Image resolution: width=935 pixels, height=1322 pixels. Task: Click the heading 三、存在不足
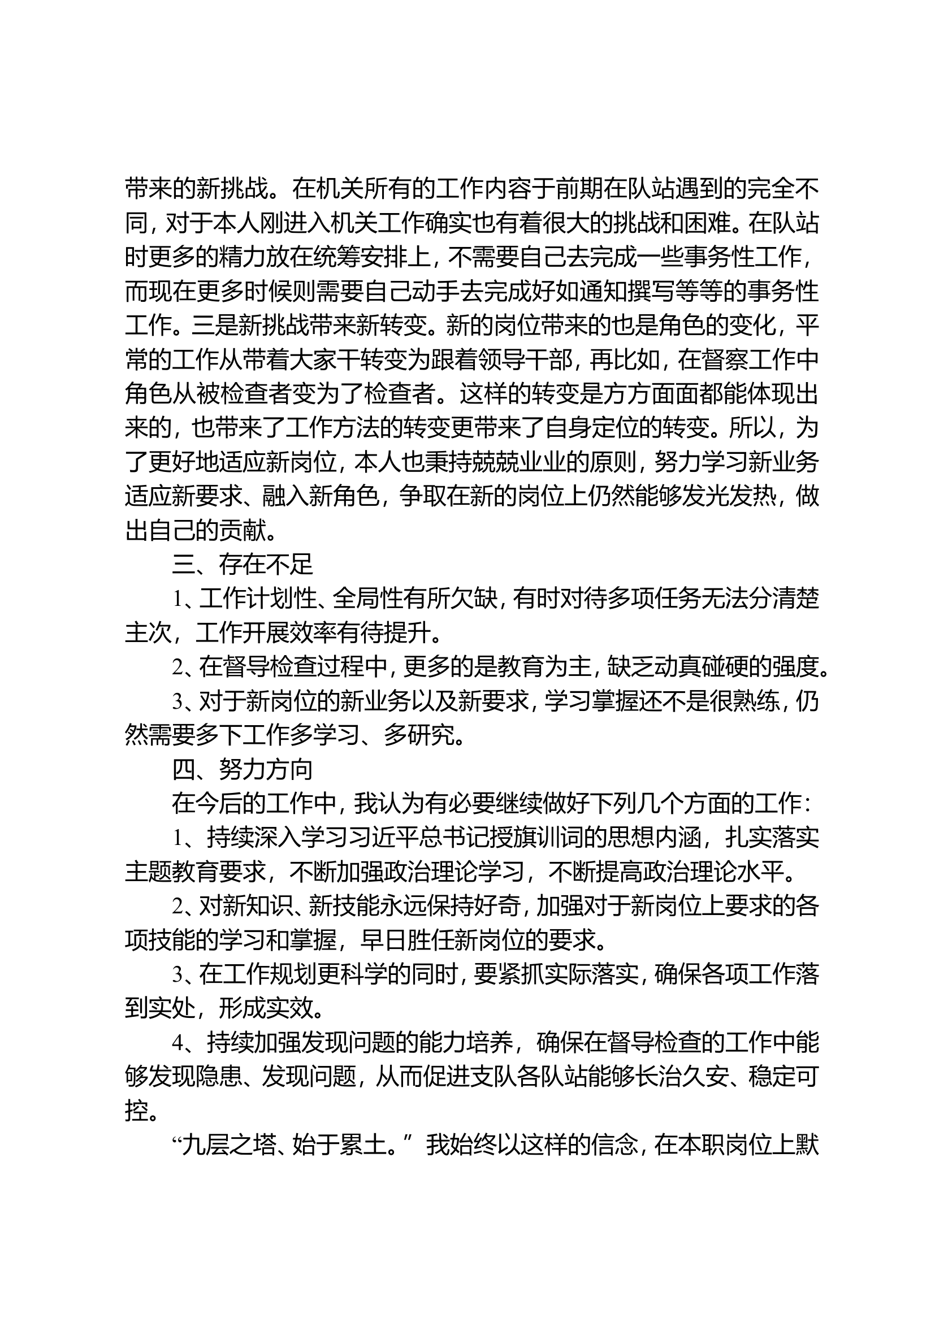click(x=242, y=565)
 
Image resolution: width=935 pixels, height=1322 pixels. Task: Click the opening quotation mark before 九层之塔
click(x=176, y=1141)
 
